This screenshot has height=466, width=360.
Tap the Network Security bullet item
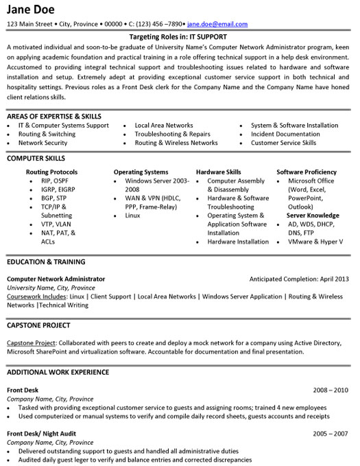(43, 143)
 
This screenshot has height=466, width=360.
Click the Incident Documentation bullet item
(285, 134)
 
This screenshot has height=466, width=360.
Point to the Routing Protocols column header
(51, 172)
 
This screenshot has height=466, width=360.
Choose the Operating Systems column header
(141, 172)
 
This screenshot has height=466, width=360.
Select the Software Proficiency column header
(307, 172)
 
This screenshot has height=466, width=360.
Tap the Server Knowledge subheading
(312, 215)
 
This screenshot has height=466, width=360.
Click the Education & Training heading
(46, 262)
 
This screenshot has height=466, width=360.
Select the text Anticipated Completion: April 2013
(300, 279)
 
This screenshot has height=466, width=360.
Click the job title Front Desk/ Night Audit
(43, 434)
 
